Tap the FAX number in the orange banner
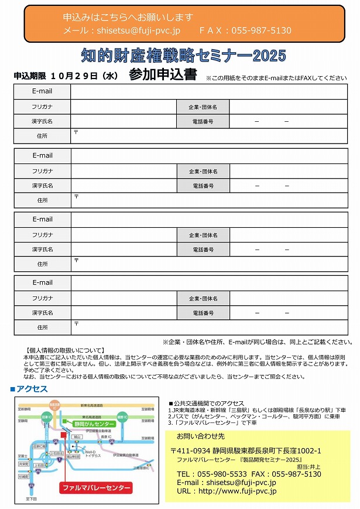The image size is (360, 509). [262, 30]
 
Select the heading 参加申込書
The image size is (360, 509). [163, 76]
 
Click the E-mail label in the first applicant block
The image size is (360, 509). [42, 91]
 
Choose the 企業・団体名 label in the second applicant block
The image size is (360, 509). [203, 171]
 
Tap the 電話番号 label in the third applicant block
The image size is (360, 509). [203, 250]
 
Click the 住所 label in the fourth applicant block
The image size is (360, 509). [42, 327]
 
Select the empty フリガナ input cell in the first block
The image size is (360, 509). [123, 107]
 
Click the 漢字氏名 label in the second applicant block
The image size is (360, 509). [42, 186]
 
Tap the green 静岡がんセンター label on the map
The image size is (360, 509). [94, 423]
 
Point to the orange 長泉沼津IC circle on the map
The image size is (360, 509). [54, 405]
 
